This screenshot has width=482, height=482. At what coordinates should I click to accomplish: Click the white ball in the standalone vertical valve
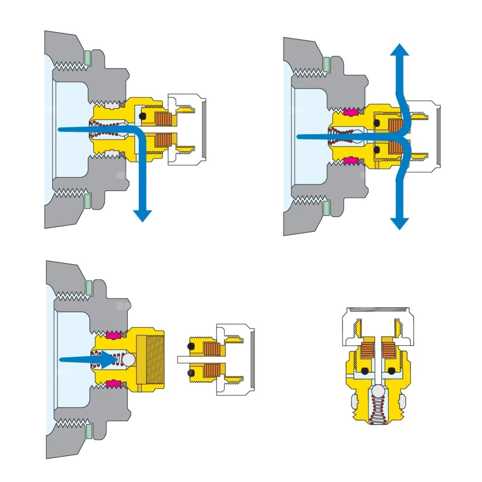click(376, 391)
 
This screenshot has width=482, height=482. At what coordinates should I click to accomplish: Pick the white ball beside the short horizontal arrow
click(130, 359)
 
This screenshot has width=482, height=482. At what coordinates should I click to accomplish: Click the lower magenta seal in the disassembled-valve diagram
click(114, 384)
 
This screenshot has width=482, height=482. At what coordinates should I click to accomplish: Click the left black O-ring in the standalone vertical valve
click(365, 371)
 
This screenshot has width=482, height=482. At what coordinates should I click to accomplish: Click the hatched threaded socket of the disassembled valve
click(150, 359)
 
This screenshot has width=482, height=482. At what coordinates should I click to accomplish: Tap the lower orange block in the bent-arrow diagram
click(163, 141)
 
